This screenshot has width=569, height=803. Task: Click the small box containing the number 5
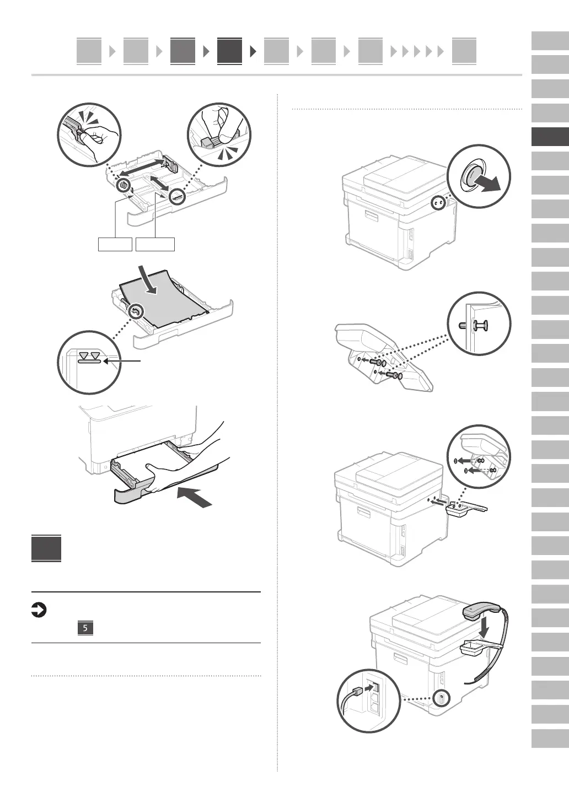coord(85,628)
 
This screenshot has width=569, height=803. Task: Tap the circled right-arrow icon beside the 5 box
coord(39,610)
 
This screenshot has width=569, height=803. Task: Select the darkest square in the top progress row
coord(229,51)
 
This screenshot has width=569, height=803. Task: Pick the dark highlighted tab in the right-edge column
coord(550,137)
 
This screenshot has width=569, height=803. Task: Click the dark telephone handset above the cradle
coord(482,611)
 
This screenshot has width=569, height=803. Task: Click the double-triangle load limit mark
coord(90,355)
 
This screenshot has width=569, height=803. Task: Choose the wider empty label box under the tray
coord(155,244)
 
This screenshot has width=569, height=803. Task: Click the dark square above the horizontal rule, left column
coord(46,548)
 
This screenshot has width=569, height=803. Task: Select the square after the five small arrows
coord(464,51)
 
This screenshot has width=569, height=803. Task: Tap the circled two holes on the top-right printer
coord(439,203)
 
